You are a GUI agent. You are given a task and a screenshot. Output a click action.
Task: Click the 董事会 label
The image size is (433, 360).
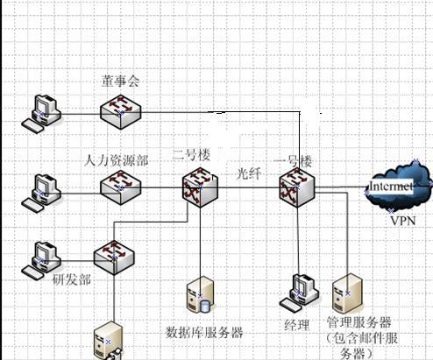[x=121, y=81]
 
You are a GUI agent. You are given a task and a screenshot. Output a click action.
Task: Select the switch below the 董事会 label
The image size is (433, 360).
[x=121, y=112]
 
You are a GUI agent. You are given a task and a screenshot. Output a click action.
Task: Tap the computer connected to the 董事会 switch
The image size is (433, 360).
[x=41, y=114]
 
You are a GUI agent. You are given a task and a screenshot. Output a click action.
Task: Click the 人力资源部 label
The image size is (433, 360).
[x=117, y=160]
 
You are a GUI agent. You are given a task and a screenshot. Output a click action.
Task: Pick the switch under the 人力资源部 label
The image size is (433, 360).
[x=121, y=187]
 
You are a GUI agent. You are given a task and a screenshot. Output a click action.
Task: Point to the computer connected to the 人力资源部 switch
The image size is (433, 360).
[x=41, y=194]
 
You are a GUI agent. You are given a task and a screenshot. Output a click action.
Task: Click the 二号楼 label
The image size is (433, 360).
[x=192, y=155]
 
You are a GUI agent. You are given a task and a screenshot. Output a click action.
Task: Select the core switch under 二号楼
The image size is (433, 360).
[x=200, y=187]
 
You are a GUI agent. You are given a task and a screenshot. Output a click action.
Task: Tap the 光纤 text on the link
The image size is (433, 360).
[x=249, y=173]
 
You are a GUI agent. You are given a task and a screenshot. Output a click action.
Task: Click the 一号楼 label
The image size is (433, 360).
[x=293, y=161]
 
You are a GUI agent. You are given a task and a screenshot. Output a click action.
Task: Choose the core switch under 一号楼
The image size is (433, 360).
[x=297, y=187]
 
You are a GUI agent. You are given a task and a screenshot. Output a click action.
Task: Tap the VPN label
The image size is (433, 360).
[x=403, y=221]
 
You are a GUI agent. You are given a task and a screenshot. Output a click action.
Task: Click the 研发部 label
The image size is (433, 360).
[x=72, y=279]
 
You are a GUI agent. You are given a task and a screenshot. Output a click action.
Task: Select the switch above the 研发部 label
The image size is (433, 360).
[x=114, y=258]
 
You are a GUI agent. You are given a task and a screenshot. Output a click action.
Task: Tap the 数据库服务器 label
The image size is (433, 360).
[x=204, y=332]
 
